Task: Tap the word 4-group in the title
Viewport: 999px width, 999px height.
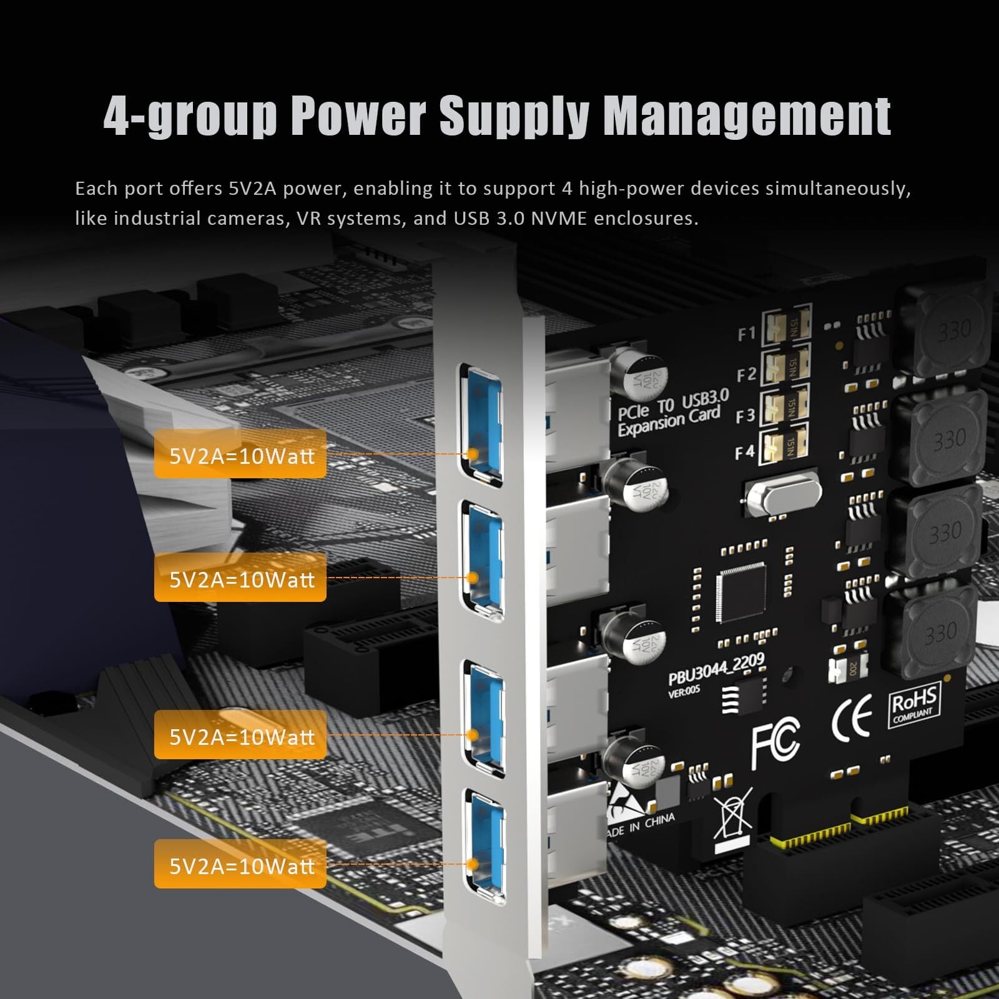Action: click(x=190, y=117)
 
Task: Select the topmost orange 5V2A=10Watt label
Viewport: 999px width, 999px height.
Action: click(x=240, y=455)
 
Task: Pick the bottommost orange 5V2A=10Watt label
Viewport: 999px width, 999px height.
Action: click(x=240, y=864)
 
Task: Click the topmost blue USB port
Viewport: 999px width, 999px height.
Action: click(x=481, y=424)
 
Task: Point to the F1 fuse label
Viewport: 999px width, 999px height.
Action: click(x=747, y=335)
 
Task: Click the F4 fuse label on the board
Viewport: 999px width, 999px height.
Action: click(x=745, y=451)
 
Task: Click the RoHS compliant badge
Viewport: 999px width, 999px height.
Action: click(x=914, y=706)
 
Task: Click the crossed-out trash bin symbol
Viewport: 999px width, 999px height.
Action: click(x=732, y=815)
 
